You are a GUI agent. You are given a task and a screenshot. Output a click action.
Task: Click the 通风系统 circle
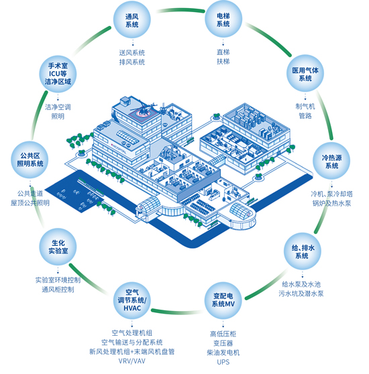pos(131,20)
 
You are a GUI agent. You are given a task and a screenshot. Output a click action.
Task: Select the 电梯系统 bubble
pos(223,19)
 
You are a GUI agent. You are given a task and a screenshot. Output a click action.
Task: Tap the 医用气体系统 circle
pos(305,74)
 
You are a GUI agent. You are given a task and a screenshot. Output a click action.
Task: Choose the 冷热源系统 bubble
pos(331,162)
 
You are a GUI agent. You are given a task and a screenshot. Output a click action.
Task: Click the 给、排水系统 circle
pos(303,251)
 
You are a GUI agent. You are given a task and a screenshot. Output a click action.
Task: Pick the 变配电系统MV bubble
pos(223,300)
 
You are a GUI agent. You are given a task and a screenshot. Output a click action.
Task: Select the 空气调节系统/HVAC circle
pos(132,300)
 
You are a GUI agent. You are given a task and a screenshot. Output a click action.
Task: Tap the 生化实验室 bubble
pos(58,247)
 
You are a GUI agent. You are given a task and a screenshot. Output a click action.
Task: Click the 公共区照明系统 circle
pos(30,160)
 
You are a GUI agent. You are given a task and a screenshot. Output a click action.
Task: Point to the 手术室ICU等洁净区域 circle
pos(58,74)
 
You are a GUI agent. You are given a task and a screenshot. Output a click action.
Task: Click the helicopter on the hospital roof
pos(144,109)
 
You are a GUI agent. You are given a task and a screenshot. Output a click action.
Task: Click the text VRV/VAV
pos(132,361)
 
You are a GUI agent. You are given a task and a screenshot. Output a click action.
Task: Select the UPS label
pos(223,362)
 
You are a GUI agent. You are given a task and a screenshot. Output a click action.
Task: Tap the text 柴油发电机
pos(223,353)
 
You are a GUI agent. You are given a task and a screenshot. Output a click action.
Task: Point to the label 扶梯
pos(223,62)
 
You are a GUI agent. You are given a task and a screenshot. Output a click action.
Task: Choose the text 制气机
pos(305,107)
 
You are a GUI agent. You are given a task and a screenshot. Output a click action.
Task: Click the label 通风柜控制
pos(58,290)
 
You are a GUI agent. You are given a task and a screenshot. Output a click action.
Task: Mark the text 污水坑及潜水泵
pos(301,294)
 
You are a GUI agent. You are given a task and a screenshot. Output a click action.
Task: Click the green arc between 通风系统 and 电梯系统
pos(180,10)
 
